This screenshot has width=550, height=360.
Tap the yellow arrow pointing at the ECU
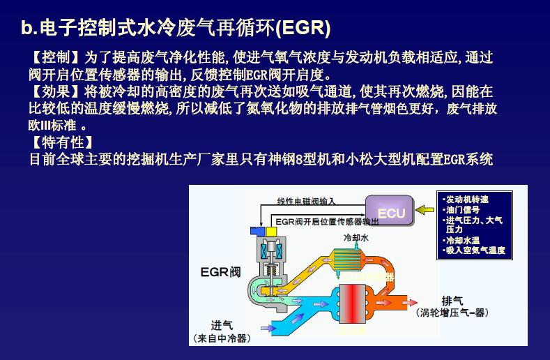(424, 209)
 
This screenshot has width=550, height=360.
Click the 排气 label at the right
(452, 301)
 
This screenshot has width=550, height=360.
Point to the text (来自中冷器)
(221, 339)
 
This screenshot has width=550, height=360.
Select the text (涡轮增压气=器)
(453, 313)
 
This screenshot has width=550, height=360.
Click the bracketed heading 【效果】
(52, 91)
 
